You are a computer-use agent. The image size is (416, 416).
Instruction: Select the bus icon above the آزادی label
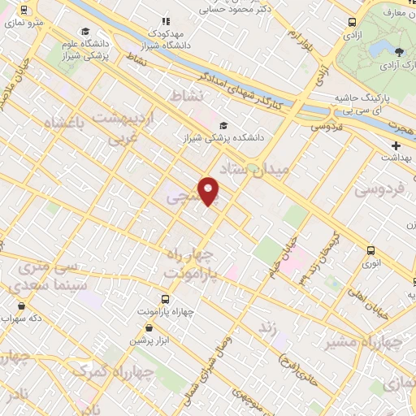point(351,23)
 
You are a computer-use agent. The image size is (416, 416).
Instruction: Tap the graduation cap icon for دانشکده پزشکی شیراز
point(223,126)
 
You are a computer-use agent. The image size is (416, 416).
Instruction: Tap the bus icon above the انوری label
point(370,250)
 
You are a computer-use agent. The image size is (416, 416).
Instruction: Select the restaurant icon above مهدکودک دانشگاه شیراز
point(166,21)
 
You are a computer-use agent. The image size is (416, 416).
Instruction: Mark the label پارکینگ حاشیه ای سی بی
point(370,102)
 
